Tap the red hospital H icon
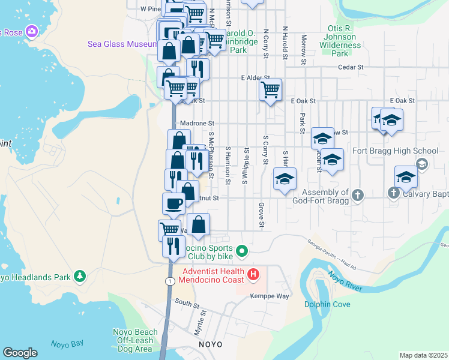pos(253,275)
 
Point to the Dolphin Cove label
pos(327,304)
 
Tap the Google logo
pos(20,353)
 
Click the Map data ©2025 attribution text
pos(423,355)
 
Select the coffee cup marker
pos(173,203)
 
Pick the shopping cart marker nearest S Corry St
pos(271,90)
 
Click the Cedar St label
pos(351,68)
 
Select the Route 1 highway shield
pos(172,281)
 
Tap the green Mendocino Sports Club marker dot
pos(242,251)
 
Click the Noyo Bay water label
pos(67,344)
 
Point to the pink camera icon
pos(32,30)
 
